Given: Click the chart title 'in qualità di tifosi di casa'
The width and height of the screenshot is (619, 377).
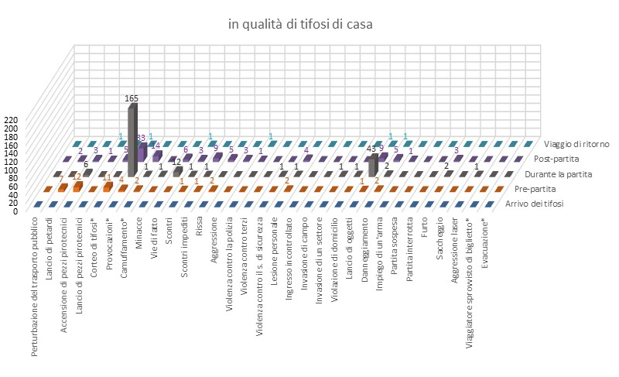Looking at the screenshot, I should [x=300, y=25].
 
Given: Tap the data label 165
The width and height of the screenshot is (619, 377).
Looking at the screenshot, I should [x=132, y=99].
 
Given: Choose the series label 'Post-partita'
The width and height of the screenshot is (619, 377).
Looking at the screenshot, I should [x=567, y=159].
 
